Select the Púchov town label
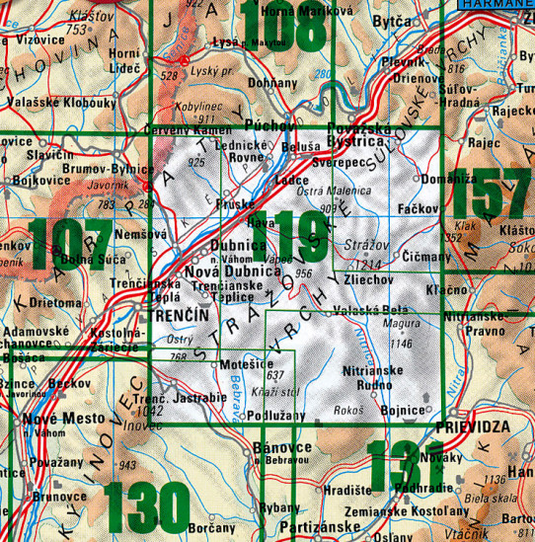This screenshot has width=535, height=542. [x=267, y=126]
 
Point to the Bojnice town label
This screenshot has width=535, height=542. [x=405, y=406]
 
